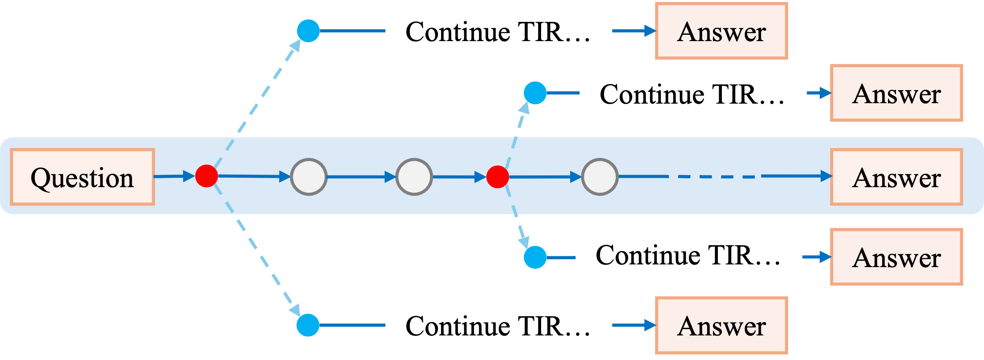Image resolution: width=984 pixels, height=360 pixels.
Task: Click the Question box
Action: pyautogui.click(x=83, y=177)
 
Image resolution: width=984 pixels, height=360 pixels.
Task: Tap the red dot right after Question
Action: pyautogui.click(x=206, y=176)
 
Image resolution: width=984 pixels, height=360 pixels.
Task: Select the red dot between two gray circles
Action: pyautogui.click(x=497, y=176)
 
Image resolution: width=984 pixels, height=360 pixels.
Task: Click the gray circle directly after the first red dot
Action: pyautogui.click(x=309, y=176)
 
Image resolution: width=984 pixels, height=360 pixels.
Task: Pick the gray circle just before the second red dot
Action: pyautogui.click(x=414, y=176)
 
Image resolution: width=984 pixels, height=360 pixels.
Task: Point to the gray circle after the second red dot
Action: pyautogui.click(x=600, y=176)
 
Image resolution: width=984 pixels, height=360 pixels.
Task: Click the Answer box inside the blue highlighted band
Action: pyautogui.click(x=896, y=177)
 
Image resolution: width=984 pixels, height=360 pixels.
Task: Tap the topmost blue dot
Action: pyautogui.click(x=308, y=31)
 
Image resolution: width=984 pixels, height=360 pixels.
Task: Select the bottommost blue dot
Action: pyautogui.click(x=308, y=325)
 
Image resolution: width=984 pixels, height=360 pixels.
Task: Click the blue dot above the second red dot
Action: pyautogui.click(x=535, y=93)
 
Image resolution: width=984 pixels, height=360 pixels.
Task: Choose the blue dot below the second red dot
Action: pyautogui.click(x=535, y=257)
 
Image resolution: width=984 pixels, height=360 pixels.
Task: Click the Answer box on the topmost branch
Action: pyautogui.click(x=721, y=31)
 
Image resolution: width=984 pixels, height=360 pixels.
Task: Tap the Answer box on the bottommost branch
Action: pyautogui.click(x=721, y=325)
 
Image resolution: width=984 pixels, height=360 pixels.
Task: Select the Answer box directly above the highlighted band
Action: pyautogui.click(x=896, y=93)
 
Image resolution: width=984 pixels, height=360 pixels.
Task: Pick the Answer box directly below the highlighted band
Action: pyautogui.click(x=896, y=257)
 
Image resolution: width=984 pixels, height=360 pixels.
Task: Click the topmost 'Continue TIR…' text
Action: pyautogui.click(x=497, y=32)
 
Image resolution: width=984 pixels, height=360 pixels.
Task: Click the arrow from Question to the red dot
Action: pyautogui.click(x=175, y=176)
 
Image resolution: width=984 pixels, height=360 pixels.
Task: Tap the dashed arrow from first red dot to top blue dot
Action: pyautogui.click(x=258, y=103)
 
